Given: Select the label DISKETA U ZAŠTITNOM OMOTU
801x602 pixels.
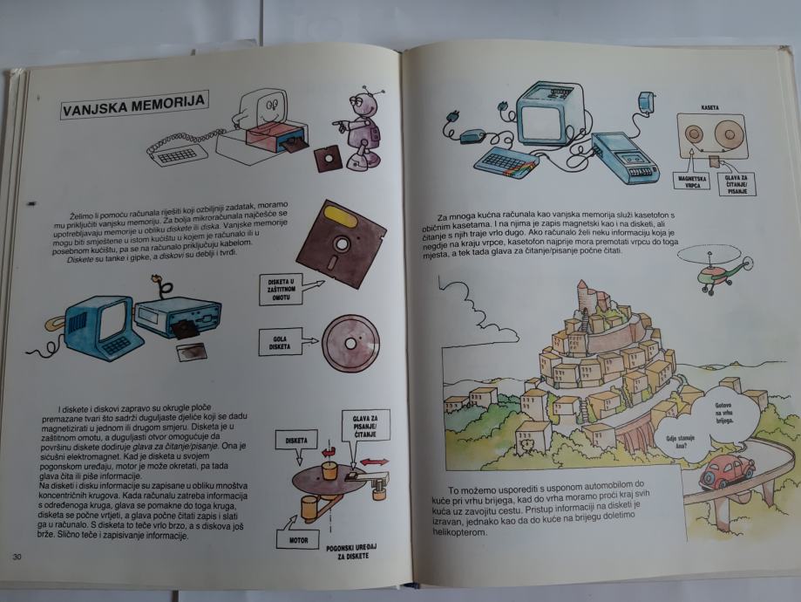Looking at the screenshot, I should tap(282, 289).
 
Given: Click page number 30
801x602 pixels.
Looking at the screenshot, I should tap(17, 558).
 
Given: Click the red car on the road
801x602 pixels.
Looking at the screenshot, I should tap(725, 471).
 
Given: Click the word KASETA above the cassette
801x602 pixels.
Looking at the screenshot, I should tap(709, 107).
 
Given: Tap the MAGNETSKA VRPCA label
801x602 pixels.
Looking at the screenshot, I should tap(691, 182).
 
